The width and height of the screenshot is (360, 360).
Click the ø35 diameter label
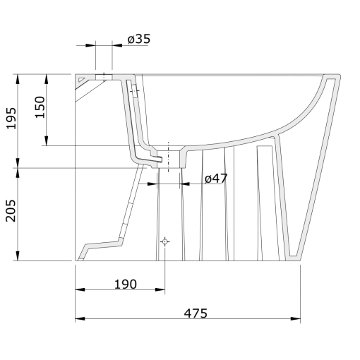point(139,39)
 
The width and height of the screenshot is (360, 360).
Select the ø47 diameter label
point(216,179)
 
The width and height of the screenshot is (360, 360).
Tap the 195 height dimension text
point(11,118)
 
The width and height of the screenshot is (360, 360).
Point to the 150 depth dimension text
point(40,107)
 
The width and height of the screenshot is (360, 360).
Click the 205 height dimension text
point(11,211)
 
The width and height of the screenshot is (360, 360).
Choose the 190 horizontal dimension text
point(126,284)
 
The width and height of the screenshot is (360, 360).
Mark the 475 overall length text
point(196,313)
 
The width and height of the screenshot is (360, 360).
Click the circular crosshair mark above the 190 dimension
point(165,241)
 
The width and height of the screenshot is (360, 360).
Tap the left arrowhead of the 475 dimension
point(80,319)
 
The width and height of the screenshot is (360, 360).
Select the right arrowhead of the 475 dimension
point(296,319)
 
